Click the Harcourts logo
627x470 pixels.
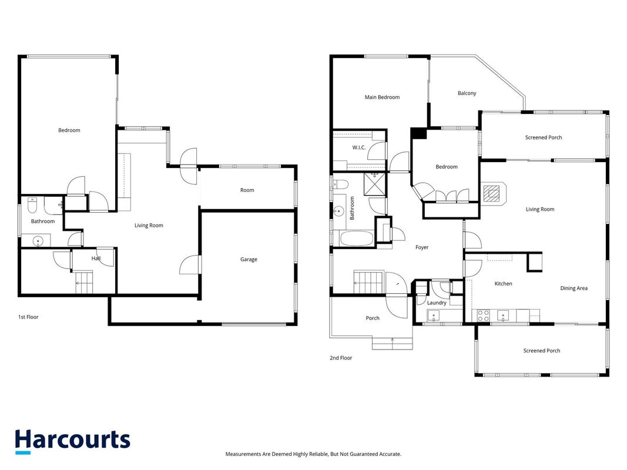(72, 441)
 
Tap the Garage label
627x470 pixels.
(249, 259)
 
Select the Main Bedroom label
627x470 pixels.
(382, 97)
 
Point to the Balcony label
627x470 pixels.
(467, 93)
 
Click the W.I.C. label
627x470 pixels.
(358, 147)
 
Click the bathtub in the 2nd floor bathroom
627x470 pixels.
(356, 239)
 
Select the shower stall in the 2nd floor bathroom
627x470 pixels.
(375, 184)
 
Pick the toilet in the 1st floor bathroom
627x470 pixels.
(32, 206)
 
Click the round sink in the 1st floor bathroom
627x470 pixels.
(38, 241)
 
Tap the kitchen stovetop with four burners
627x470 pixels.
(483, 315)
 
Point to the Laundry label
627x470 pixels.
(437, 303)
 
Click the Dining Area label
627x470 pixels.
(574, 288)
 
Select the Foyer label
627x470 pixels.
(422, 247)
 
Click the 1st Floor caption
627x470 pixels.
(28, 317)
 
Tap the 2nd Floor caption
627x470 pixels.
(341, 358)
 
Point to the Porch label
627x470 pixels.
(373, 318)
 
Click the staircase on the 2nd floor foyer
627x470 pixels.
(368, 282)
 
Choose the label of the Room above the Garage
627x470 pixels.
(247, 190)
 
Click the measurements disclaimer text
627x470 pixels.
(314, 454)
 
